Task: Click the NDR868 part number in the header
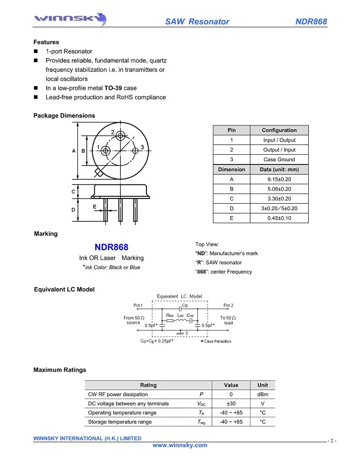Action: click(311, 22)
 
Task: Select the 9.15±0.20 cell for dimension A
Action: click(279, 179)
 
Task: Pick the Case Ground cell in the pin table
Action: click(279, 159)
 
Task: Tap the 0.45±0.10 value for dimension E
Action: click(279, 218)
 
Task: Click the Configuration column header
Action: click(279, 130)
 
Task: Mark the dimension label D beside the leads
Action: click(73, 210)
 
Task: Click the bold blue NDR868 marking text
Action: click(111, 247)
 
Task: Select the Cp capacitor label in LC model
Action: click(185, 305)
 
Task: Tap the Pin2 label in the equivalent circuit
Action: click(228, 306)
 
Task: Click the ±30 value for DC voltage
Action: click(231, 404)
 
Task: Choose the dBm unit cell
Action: click(263, 395)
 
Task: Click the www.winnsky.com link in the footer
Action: click(180, 445)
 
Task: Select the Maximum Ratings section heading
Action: click(60, 370)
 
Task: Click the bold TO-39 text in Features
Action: click(113, 88)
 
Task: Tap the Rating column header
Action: click(148, 385)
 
